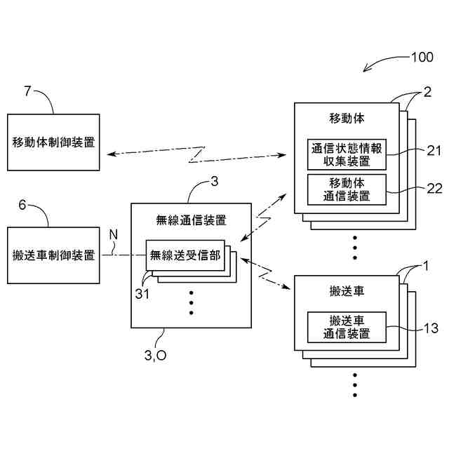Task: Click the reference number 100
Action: coord(422,58)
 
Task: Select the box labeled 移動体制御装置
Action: coord(54,142)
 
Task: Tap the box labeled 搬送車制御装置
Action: coord(54,255)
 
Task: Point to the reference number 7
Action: coord(28,91)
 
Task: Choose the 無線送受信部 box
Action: coord(185,255)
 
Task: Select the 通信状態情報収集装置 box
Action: coord(347,154)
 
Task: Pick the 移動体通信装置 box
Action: coord(347,189)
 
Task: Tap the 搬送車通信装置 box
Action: coord(347,327)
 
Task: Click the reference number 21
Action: coord(433,149)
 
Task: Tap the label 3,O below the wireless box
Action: coord(155,356)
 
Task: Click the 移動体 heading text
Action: coord(347,117)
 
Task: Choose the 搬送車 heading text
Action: coord(347,290)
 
